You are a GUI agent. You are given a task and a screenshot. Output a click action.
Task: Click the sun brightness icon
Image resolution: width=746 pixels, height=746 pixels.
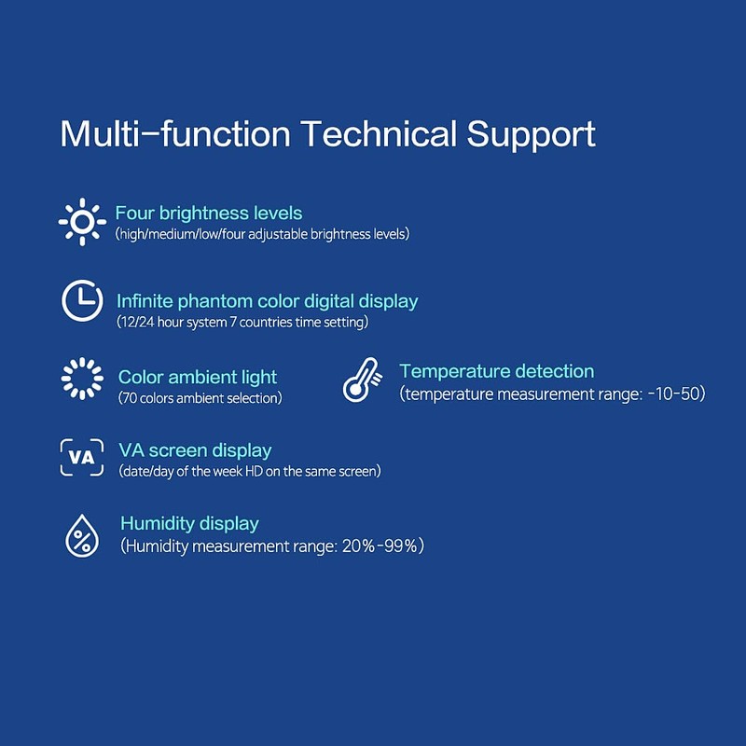(82, 222)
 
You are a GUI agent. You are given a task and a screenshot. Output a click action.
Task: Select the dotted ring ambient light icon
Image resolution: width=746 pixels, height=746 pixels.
(82, 379)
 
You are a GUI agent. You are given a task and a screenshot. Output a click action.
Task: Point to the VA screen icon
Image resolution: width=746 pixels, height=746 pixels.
(82, 457)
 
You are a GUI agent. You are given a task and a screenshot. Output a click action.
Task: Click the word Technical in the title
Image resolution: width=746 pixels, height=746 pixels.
(379, 133)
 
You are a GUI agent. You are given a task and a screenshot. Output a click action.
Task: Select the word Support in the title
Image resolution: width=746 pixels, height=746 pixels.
(531, 135)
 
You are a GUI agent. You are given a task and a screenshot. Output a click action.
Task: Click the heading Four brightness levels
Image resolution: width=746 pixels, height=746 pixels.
(209, 214)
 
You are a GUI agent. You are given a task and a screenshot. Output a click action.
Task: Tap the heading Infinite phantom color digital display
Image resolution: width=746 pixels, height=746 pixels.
(268, 301)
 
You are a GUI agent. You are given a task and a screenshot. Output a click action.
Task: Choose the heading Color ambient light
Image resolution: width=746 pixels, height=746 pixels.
(198, 378)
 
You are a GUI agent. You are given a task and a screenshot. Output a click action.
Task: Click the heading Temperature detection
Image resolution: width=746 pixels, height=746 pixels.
(497, 371)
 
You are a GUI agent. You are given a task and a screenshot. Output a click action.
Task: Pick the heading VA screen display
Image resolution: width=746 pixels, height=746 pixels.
(195, 450)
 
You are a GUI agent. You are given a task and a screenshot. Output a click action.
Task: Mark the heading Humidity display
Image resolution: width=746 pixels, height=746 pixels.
(190, 523)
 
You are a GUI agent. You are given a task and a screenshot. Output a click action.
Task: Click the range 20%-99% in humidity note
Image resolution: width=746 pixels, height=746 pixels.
(380, 546)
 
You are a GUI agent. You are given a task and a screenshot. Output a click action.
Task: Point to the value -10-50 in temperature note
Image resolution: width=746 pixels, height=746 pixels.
(673, 394)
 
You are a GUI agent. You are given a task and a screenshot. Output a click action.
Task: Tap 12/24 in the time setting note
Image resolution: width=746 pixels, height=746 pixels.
(137, 322)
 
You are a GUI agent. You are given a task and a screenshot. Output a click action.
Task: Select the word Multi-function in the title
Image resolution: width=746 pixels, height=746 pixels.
(175, 133)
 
